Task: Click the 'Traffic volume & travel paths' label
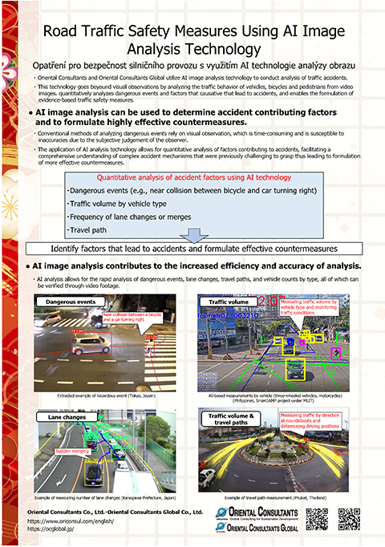point(231,419)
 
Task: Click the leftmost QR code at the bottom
point(317,521)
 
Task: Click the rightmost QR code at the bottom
point(349,521)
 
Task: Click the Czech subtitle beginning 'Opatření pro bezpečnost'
point(192,63)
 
